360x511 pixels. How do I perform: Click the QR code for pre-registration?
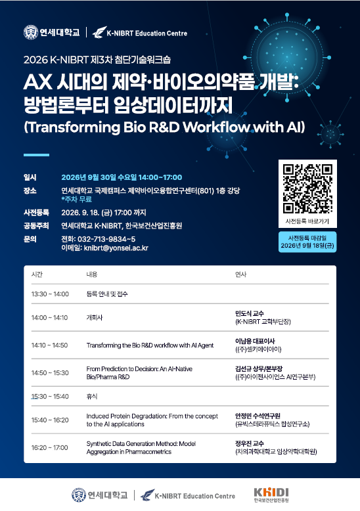tap(307, 189)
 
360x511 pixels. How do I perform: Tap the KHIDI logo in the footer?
tap(271, 495)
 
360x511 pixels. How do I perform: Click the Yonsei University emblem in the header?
tap(31, 33)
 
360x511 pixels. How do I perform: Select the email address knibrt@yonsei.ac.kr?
tap(116, 248)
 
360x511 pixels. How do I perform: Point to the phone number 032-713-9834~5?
tap(106, 239)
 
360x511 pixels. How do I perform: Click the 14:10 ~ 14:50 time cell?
tap(49, 345)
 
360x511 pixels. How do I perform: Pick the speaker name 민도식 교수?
tap(250, 313)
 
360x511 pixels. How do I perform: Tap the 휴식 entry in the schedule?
tap(92, 397)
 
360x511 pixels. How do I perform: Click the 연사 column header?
tap(240, 275)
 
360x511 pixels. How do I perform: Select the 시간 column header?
tap(37, 275)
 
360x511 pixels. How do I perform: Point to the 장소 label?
tap(30, 190)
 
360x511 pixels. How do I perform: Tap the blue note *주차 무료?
tap(77, 199)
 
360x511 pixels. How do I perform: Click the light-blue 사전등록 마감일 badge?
tap(307, 242)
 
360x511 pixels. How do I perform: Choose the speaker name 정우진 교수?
tap(250, 443)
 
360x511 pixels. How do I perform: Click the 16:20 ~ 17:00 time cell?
tap(49, 448)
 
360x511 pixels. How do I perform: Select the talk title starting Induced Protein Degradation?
tap(152, 420)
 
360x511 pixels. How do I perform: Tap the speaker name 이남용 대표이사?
tap(255, 341)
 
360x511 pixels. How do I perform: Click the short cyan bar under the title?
tap(36, 155)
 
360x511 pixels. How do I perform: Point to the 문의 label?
tap(30, 239)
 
